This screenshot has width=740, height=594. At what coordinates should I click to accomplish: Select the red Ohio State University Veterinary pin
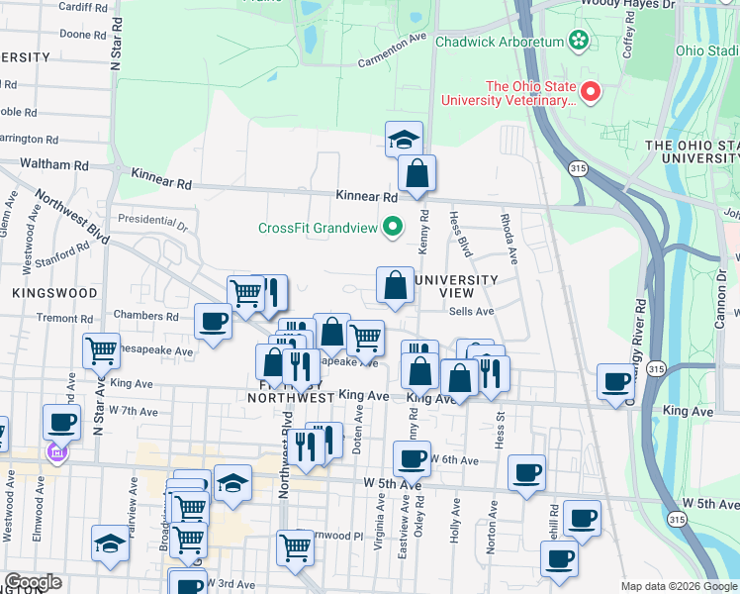591,93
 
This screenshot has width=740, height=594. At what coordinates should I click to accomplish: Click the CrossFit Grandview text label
318,228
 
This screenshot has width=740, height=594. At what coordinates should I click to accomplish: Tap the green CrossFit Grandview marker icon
392,228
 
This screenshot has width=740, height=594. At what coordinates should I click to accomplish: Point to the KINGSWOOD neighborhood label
55,293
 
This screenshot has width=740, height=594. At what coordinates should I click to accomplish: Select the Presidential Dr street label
152,219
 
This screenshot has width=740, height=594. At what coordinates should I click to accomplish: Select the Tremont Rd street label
64,319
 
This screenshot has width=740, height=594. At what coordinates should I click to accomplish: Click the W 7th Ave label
134,410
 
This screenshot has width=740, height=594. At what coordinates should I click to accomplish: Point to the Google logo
33,582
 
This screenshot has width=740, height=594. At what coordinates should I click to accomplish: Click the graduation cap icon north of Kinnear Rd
404,140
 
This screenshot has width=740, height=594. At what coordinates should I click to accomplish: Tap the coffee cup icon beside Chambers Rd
213,322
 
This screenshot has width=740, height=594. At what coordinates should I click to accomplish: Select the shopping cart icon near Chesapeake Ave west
102,350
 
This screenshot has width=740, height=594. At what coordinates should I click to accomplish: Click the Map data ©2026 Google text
678,586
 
